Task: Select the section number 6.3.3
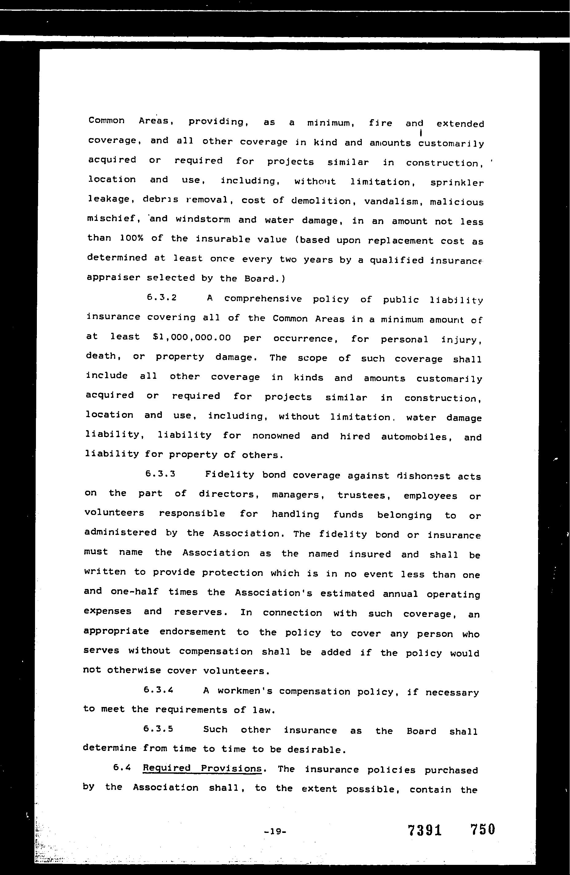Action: [x=160, y=474]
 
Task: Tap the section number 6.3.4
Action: [x=158, y=690]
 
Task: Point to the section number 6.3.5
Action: [x=158, y=729]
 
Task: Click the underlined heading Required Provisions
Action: [x=202, y=768]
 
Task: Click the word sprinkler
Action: [x=457, y=183]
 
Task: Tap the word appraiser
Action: [x=114, y=277]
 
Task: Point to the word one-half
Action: [x=135, y=591]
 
